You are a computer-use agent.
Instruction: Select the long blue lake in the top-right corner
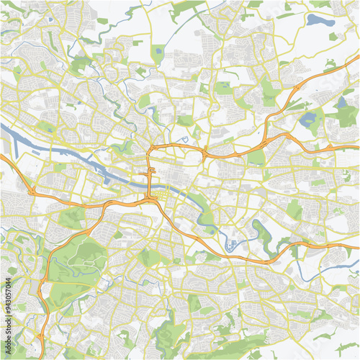pos(318,20)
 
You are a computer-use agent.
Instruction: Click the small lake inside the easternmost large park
pos(341,103)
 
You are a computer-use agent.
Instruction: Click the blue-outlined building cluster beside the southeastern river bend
pos(232,246)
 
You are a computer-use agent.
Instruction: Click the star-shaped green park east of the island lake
pos(346,115)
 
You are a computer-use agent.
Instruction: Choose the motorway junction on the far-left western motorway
pos(32,191)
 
